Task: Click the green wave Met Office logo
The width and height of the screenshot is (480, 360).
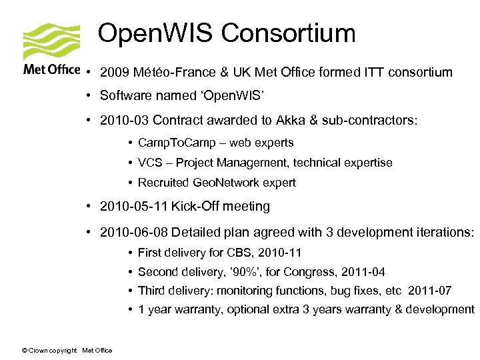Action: (x=51, y=42)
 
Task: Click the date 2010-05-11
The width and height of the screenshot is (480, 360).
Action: (x=133, y=207)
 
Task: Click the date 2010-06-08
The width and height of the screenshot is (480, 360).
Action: (x=133, y=233)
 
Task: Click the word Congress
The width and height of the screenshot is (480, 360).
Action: (x=311, y=272)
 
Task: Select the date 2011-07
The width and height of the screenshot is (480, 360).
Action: (x=435, y=291)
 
